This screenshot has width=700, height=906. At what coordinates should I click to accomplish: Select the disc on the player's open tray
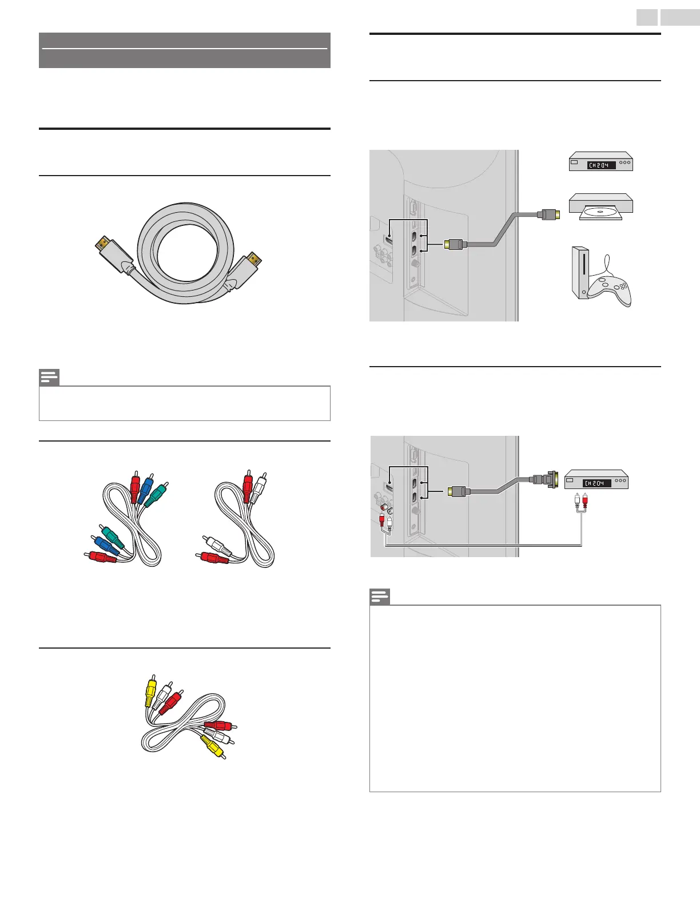(600, 212)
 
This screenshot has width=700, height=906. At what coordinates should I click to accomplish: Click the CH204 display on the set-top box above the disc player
(599, 165)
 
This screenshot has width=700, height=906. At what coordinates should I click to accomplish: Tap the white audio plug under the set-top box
(578, 502)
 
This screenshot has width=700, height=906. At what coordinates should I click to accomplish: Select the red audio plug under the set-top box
(585, 502)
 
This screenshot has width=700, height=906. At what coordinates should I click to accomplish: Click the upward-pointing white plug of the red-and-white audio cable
(260, 484)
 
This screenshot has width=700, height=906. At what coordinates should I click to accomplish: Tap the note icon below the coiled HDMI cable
(49, 378)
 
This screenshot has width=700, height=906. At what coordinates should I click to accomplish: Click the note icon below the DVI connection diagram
(380, 597)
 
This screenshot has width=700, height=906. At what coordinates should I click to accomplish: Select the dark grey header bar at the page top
(184, 50)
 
